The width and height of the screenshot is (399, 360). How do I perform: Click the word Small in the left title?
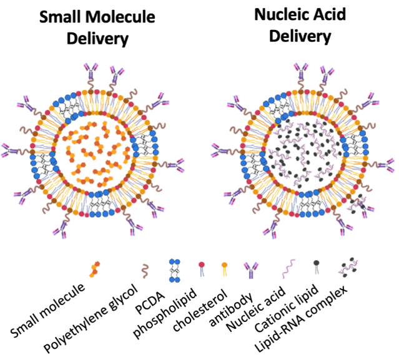[x=59, y=18]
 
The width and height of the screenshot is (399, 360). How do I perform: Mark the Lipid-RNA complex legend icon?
[x=348, y=269]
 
